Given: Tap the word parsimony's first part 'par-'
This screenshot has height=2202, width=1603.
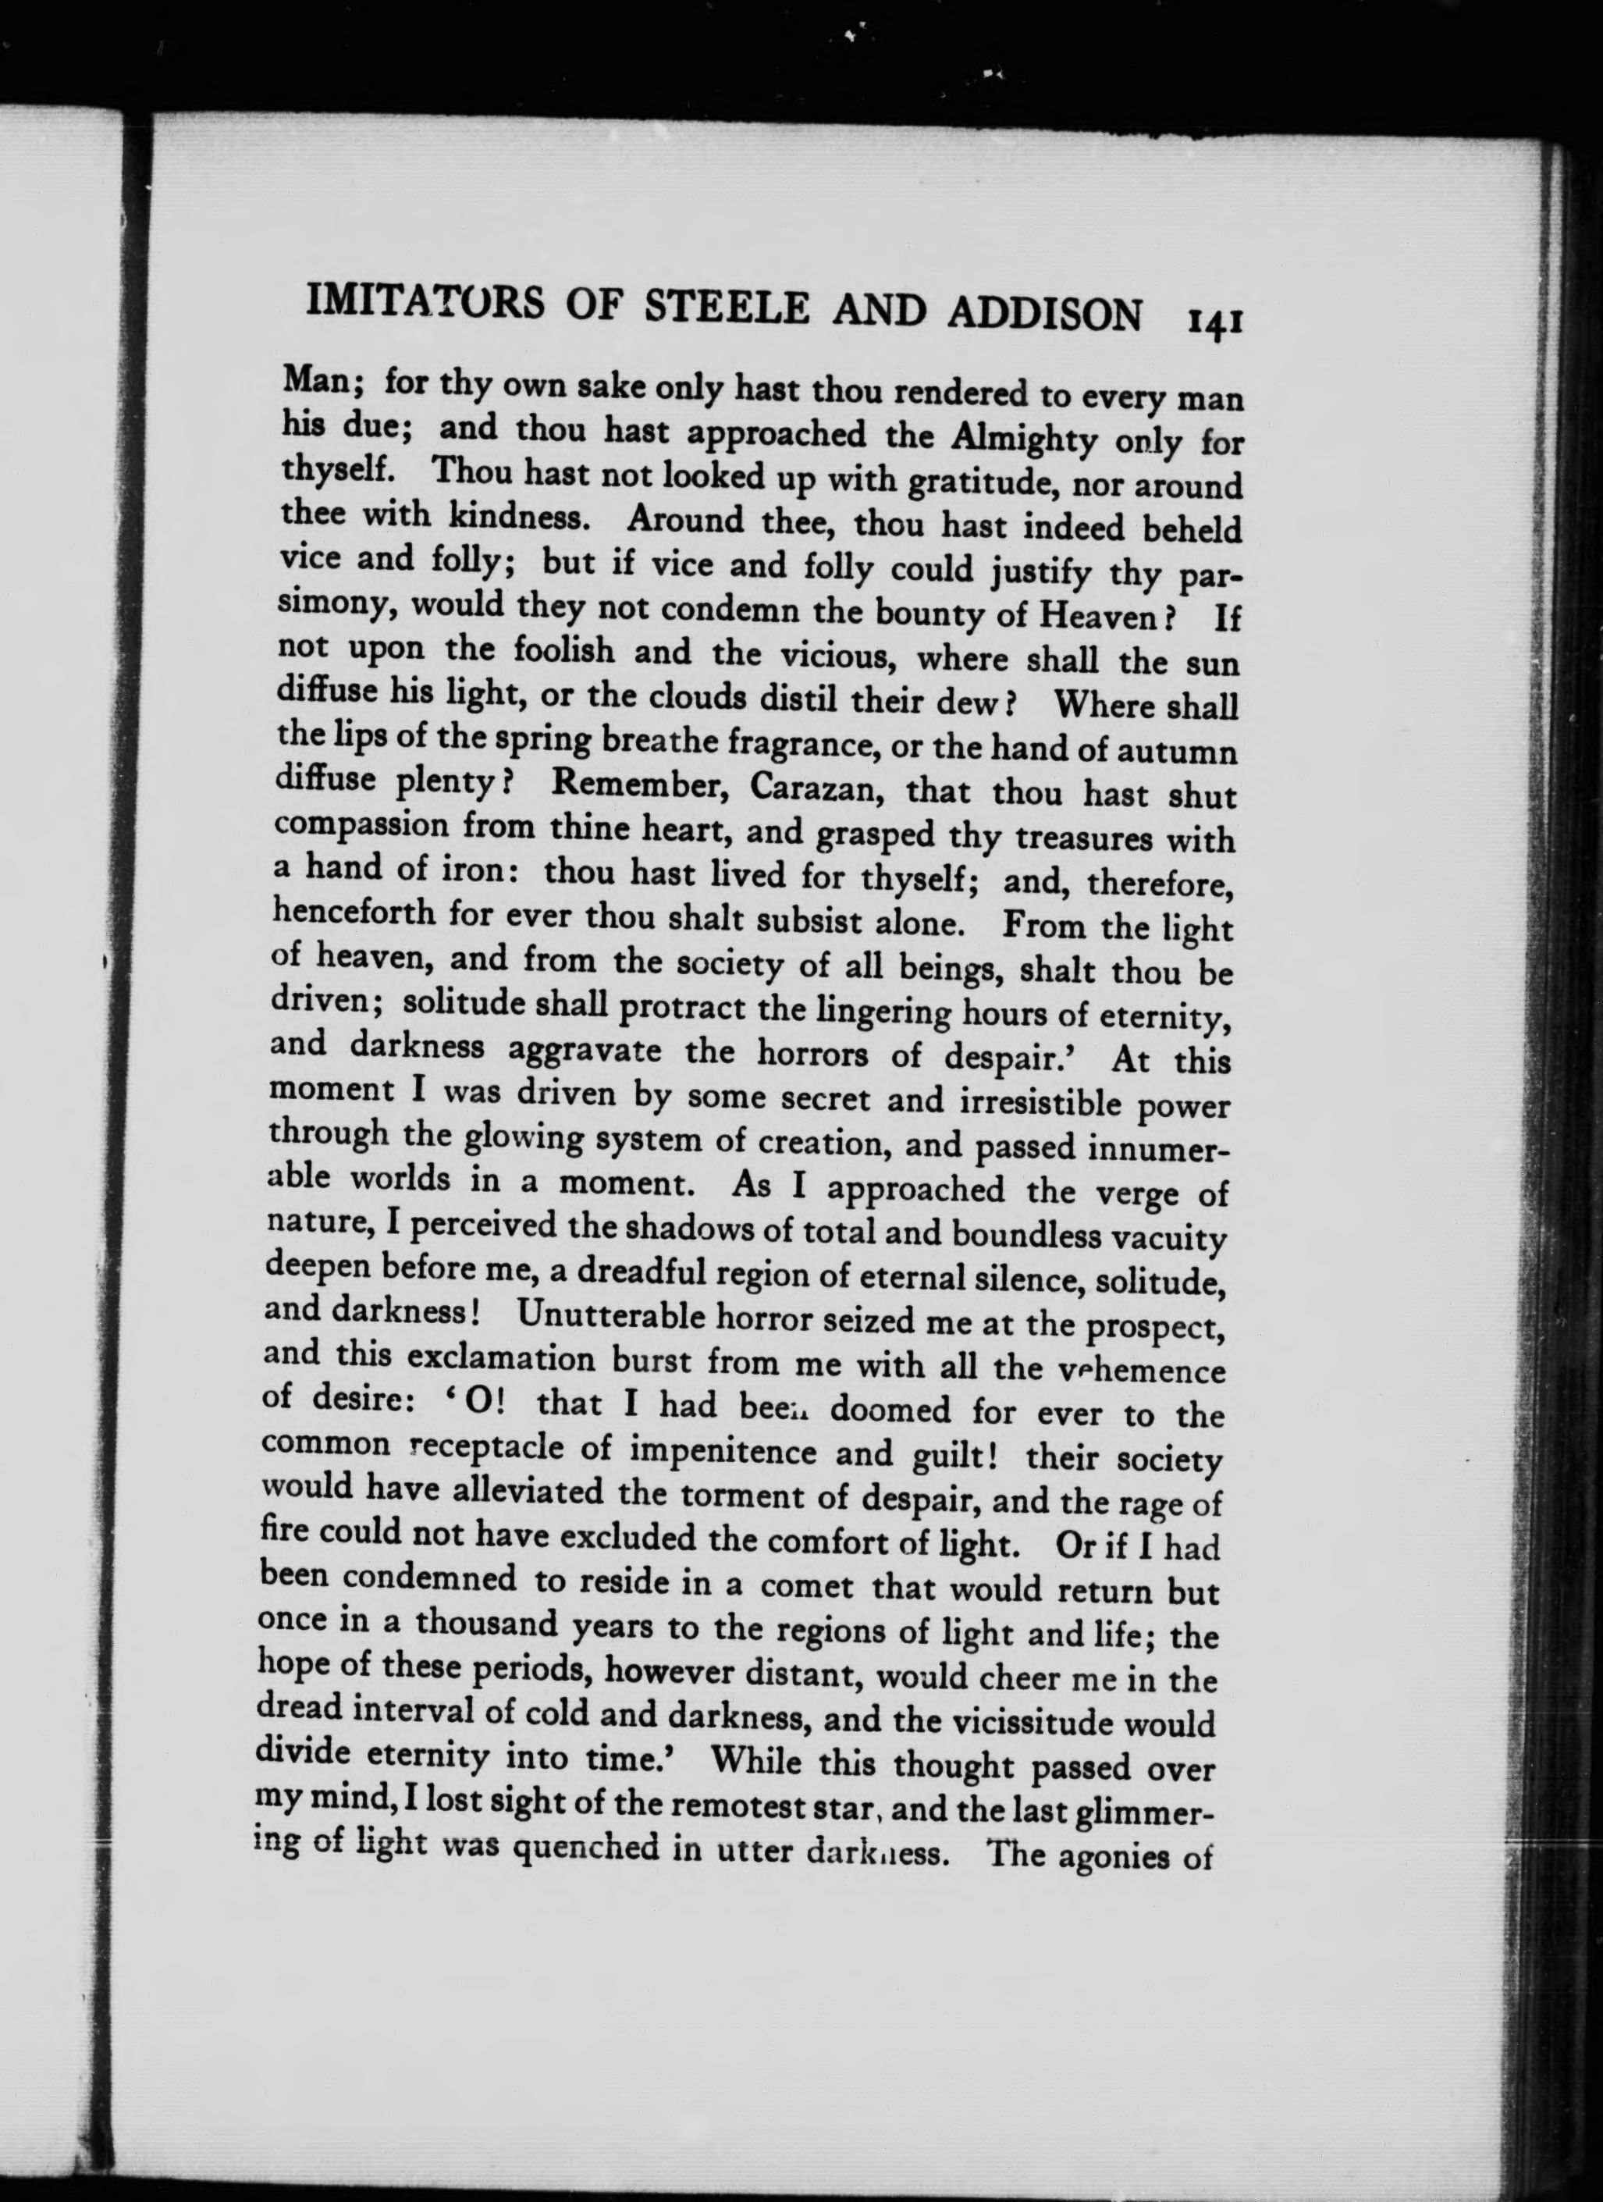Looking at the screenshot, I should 1208,578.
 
